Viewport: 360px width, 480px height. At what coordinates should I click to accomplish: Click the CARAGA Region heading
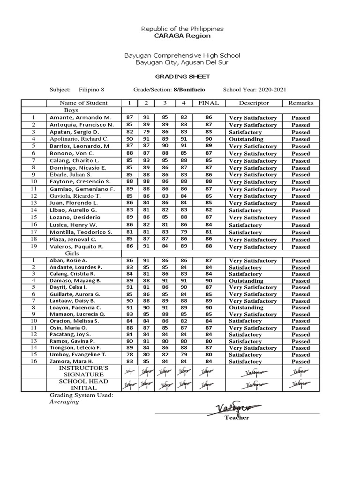click(182, 36)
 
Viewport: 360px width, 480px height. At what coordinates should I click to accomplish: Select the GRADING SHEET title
click(182, 76)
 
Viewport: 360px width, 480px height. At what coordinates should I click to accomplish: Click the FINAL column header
click(209, 103)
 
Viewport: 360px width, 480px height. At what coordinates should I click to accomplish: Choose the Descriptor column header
click(254, 103)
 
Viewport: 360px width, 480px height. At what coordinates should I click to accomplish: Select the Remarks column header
click(300, 103)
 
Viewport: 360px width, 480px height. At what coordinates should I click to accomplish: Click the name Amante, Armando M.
click(80, 118)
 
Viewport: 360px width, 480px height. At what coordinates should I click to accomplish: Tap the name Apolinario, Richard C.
click(79, 139)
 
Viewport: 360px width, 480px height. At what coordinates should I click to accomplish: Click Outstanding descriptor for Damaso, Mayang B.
click(246, 281)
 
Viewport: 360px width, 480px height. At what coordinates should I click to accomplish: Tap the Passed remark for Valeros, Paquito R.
click(300, 247)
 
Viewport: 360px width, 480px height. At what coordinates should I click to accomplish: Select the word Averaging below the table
click(64, 402)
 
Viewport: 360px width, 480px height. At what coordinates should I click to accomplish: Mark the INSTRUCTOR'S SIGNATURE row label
click(83, 371)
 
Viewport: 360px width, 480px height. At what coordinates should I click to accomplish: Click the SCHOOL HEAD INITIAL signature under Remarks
click(300, 385)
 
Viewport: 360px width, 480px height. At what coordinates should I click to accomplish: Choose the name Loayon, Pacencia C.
click(76, 307)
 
